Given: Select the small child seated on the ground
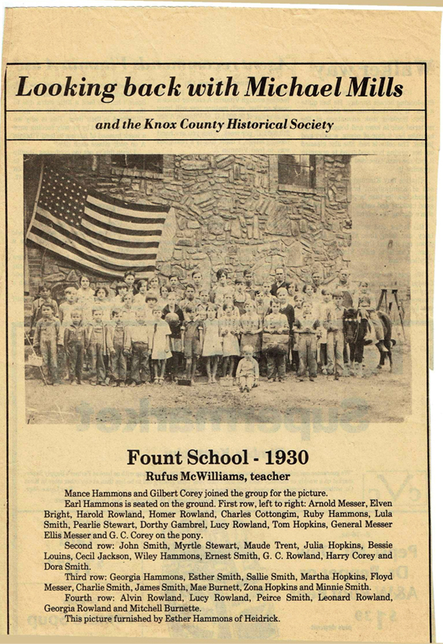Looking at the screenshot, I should [x=247, y=368].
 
